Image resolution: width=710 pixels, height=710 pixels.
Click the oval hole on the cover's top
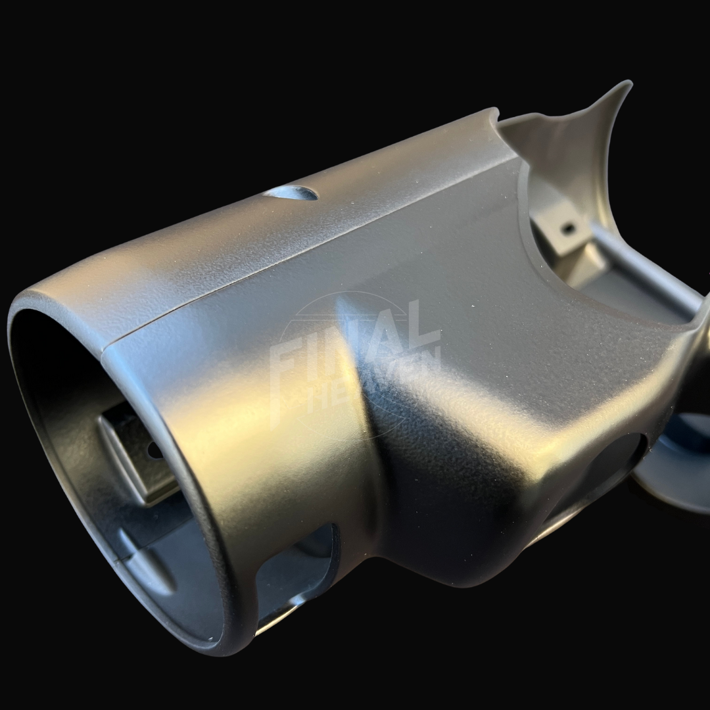(290, 193)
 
